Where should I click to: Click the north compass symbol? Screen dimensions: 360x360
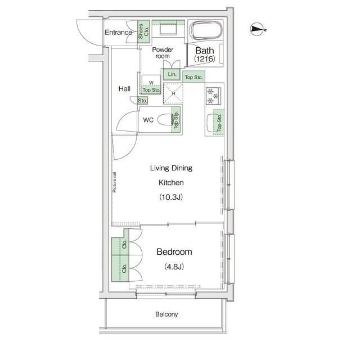point(257,29)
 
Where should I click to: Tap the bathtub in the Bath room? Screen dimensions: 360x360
point(206,30)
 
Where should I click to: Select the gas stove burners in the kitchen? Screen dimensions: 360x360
point(213,96)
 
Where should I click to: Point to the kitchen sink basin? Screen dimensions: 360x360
point(210,123)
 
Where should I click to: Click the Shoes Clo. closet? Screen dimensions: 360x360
point(143,31)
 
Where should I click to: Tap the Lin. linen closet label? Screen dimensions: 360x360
point(172,74)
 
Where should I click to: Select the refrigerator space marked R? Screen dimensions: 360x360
point(173,93)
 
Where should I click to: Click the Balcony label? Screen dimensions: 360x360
point(166,314)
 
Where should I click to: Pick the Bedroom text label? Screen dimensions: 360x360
point(174,252)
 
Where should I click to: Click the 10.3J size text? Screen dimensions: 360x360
point(171,197)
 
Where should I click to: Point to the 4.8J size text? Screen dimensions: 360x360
point(174,267)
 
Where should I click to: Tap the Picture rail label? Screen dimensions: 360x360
point(114,182)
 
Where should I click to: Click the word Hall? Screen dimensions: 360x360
point(124,89)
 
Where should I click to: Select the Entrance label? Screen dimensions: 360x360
point(119,33)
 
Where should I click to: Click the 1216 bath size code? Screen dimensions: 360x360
point(205,58)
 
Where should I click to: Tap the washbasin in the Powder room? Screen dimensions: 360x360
point(168,29)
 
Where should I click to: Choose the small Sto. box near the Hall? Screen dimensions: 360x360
point(142,101)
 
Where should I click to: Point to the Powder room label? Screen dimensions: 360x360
point(163,53)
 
